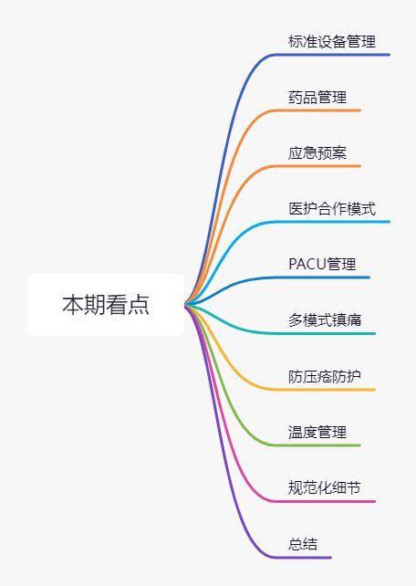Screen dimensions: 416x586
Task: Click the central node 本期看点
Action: tap(106, 305)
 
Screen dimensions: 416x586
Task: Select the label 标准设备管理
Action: tap(332, 41)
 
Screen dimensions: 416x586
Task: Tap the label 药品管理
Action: tap(317, 97)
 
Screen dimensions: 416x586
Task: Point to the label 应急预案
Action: tap(317, 152)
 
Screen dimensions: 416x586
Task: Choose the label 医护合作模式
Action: tap(332, 208)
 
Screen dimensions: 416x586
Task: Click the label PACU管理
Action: tap(322, 264)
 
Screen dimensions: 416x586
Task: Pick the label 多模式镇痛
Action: tap(325, 320)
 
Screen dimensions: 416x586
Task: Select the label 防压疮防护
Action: tap(325, 376)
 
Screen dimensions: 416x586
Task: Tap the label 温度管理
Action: tap(317, 432)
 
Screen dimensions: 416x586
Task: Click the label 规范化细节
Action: tap(325, 487)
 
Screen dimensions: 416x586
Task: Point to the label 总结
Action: tap(303, 544)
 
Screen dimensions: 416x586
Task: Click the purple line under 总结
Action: tap(303, 558)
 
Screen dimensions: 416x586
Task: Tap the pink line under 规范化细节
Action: tap(324, 501)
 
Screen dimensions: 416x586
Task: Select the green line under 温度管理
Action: tap(317, 445)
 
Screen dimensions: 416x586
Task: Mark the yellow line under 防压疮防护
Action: tap(324, 390)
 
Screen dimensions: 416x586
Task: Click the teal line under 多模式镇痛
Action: tap(324, 334)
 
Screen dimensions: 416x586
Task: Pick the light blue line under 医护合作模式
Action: tap(331, 222)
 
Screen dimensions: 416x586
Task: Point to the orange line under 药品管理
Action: tap(317, 110)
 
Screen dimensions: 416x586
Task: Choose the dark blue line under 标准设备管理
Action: tap(331, 55)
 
